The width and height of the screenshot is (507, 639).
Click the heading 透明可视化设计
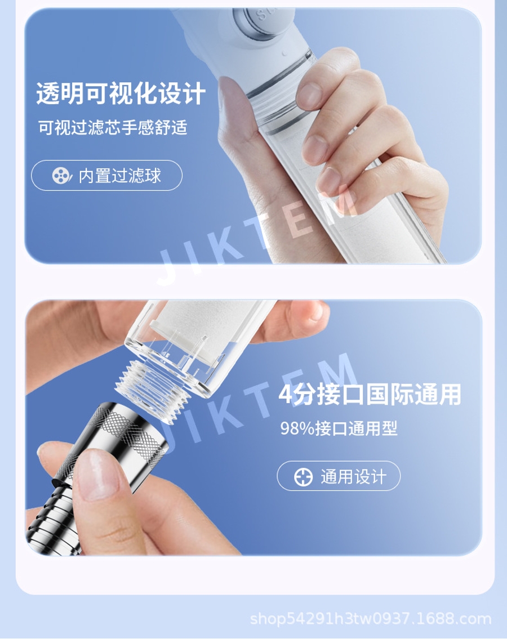coord(121,93)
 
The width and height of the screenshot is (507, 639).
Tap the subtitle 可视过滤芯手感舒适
coord(113,128)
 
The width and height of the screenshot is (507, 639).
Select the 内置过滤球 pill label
coord(107,175)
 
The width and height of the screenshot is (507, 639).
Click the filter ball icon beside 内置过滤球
coord(62,176)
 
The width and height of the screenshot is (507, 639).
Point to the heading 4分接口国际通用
coord(370,394)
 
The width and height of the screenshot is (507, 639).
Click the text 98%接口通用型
coord(339,428)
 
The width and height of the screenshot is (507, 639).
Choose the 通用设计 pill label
coord(339,476)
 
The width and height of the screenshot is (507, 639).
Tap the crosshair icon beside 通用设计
coord(304,476)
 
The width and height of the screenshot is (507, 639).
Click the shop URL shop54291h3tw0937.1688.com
coord(370,619)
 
